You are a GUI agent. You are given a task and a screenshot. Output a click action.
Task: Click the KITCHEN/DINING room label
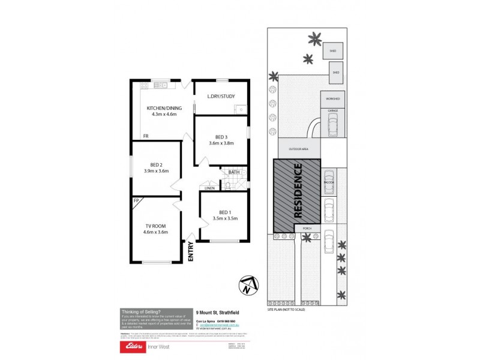pyautogui.click(x=163, y=108)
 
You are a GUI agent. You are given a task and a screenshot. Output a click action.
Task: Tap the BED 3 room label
pyautogui.click(x=221, y=137)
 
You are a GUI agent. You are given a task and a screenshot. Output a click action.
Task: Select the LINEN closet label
pyautogui.click(x=209, y=188)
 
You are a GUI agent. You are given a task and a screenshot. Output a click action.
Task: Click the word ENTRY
pyautogui.click(x=191, y=250)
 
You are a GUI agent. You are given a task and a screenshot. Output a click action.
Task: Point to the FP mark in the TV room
pyautogui.click(x=136, y=200)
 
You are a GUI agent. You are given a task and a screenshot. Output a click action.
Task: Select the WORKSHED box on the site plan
pyautogui.click(x=332, y=98)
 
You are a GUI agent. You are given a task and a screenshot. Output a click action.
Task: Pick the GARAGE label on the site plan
pyautogui.click(x=332, y=111)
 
